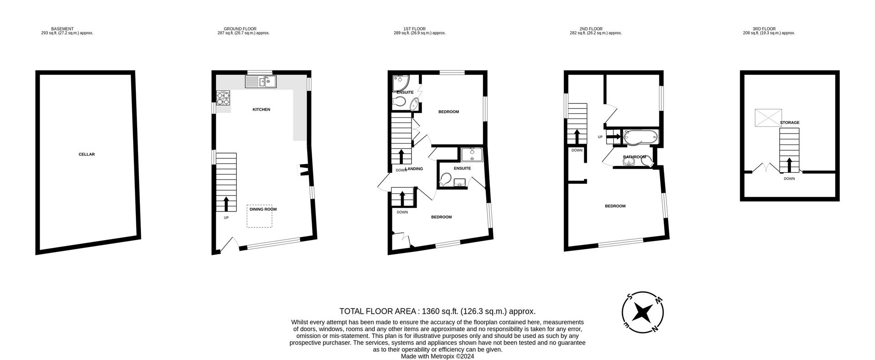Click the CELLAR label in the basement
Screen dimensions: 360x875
87,154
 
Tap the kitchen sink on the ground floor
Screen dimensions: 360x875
261,82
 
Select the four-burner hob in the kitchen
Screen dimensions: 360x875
224,98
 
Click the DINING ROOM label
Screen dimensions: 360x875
263,210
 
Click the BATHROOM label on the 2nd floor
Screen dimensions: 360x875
634,157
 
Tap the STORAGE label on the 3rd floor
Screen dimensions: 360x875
789,123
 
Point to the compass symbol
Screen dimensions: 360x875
643,312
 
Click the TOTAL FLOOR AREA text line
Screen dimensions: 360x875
437,311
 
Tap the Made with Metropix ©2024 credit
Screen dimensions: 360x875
437,356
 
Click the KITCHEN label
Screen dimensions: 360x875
262,109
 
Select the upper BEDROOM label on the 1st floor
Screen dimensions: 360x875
448,112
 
